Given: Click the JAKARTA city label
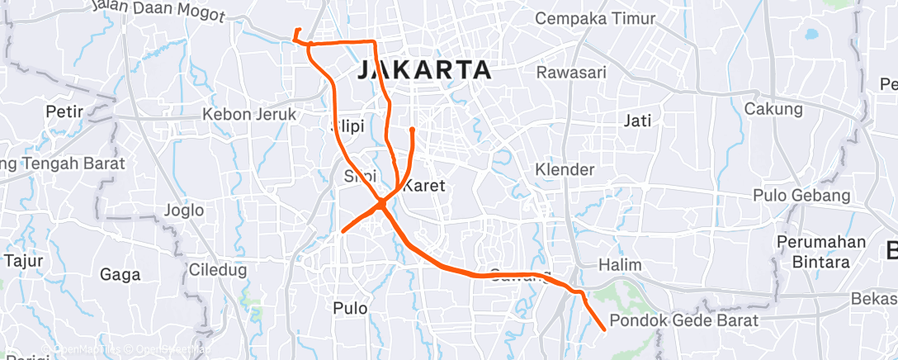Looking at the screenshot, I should click(x=425, y=70).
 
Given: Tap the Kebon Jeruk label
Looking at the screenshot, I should click(x=248, y=115).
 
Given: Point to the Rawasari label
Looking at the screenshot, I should click(x=571, y=73).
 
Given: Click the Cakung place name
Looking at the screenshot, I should click(x=773, y=109).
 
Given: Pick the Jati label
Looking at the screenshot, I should click(x=638, y=121).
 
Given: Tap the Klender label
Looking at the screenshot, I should click(x=565, y=169).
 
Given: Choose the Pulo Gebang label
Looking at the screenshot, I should click(x=801, y=196).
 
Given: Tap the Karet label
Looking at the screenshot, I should click(x=424, y=186).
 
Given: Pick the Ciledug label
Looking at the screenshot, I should click(x=214, y=269).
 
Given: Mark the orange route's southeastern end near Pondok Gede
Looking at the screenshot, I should click(x=604, y=329).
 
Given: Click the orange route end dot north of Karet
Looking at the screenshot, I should click(x=412, y=130).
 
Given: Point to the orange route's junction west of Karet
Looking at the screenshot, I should click(x=382, y=202).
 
